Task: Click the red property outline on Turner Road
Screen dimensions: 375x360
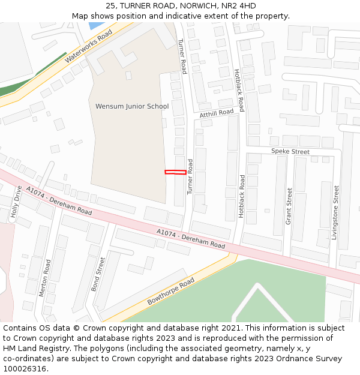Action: (175, 172)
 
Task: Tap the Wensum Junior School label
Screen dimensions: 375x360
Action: (132, 106)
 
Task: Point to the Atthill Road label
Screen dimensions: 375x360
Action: (217, 113)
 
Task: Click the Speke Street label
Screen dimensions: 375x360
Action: (290, 152)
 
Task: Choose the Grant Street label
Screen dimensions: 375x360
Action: (289, 206)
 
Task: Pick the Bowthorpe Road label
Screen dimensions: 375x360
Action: (171, 291)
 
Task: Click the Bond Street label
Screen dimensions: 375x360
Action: (98, 274)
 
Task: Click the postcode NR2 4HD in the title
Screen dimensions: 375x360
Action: (240, 6)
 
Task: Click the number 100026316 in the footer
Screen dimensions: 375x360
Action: (25, 368)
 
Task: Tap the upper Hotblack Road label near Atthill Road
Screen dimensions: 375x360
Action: (239, 90)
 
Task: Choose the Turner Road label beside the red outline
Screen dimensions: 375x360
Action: (190, 176)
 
